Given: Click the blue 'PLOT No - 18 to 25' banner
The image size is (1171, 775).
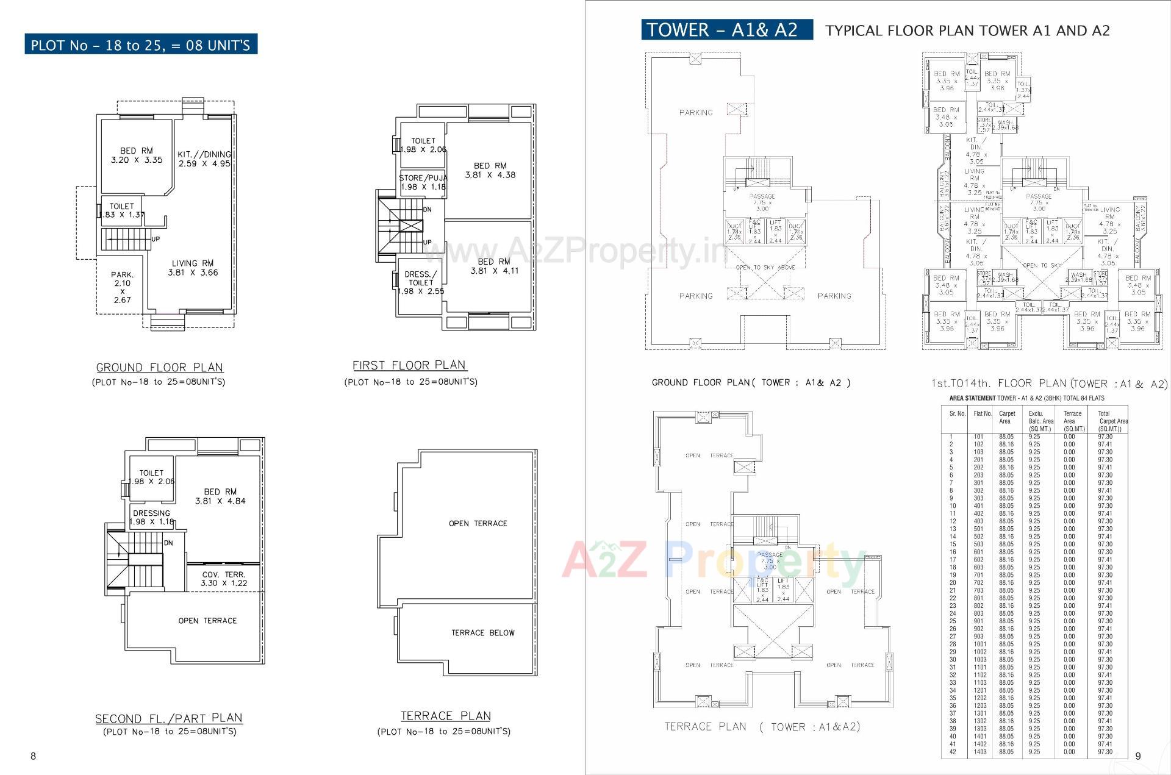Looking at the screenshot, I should click(140, 45).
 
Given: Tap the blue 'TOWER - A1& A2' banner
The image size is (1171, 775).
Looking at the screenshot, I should click(726, 30).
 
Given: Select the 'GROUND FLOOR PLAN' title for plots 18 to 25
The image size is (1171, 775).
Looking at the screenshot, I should click(160, 368).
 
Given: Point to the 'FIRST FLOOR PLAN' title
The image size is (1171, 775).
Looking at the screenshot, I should click(409, 365).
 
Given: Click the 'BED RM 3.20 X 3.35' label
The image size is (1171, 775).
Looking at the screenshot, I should click(137, 155).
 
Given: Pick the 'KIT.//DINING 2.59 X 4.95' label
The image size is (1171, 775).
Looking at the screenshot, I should click(204, 159).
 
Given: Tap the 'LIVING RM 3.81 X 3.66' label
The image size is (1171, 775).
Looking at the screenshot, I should click(193, 268).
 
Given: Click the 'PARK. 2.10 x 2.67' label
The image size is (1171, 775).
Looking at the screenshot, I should click(123, 287).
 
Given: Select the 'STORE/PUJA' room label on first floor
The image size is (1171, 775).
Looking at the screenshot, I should click(423, 182).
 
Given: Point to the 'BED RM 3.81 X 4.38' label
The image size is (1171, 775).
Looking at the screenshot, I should click(490, 170).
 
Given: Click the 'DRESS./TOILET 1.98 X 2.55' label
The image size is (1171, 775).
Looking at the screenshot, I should click(421, 283).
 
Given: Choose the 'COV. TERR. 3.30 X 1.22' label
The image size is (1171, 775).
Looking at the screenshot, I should click(224, 579).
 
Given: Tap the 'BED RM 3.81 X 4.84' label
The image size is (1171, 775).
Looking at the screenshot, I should click(220, 496).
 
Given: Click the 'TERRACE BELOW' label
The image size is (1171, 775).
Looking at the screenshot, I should click(482, 633).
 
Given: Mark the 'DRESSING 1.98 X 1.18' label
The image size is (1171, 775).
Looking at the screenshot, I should click(151, 517).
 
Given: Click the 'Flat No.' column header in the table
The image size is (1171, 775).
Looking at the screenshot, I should click(983, 414).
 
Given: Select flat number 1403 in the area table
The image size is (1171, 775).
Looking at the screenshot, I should click(979, 752).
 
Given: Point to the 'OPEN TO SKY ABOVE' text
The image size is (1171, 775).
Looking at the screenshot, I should click(765, 267).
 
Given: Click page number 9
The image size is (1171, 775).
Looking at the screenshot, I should click(1137, 756).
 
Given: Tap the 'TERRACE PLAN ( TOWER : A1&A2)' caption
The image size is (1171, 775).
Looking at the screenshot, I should click(762, 727).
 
